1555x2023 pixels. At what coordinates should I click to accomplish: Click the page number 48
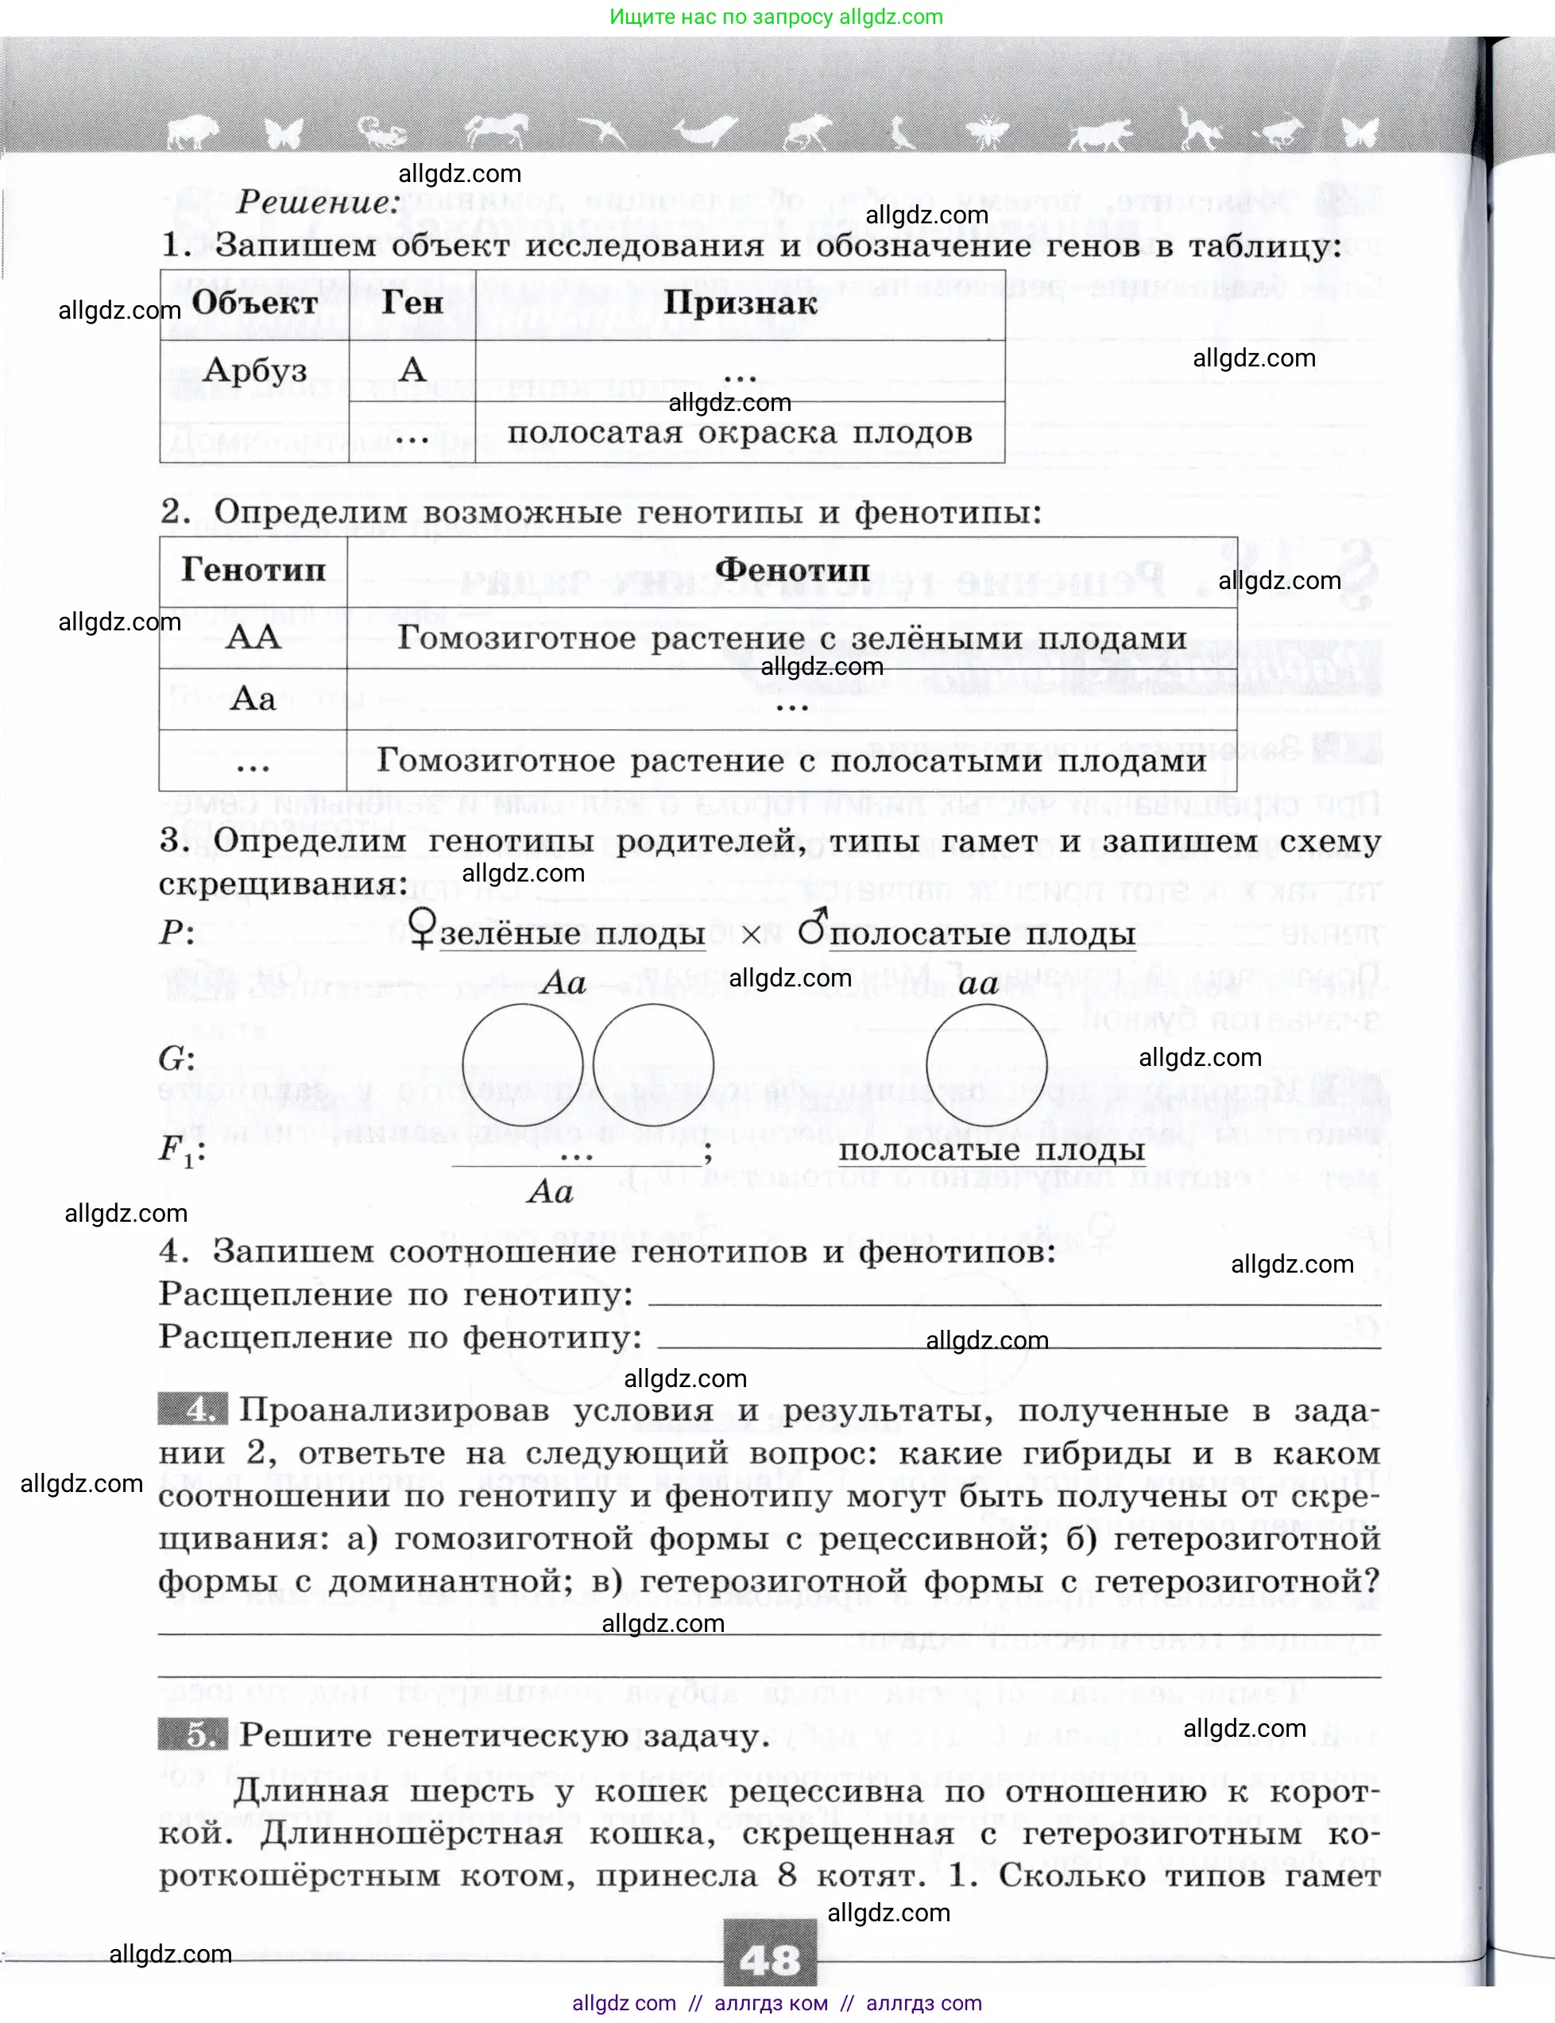770,1959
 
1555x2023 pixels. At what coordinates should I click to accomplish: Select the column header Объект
254,304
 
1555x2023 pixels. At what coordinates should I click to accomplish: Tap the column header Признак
741,304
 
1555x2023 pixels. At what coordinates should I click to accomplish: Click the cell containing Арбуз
254,370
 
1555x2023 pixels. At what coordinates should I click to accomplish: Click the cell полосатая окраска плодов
740,433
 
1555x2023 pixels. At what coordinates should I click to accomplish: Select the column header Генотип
253,570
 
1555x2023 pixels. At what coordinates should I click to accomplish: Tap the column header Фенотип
792,570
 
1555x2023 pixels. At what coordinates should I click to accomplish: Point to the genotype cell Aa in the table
253,698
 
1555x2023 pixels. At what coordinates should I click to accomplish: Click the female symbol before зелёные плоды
422,928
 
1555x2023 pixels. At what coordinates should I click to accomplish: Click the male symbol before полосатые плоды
812,927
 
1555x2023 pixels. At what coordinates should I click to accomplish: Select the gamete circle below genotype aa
987,1064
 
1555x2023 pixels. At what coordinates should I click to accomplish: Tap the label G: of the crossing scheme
176,1059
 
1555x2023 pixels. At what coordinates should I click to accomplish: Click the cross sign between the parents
752,935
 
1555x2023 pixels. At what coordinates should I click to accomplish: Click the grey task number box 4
192,1409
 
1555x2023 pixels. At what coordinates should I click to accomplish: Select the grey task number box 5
192,1734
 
